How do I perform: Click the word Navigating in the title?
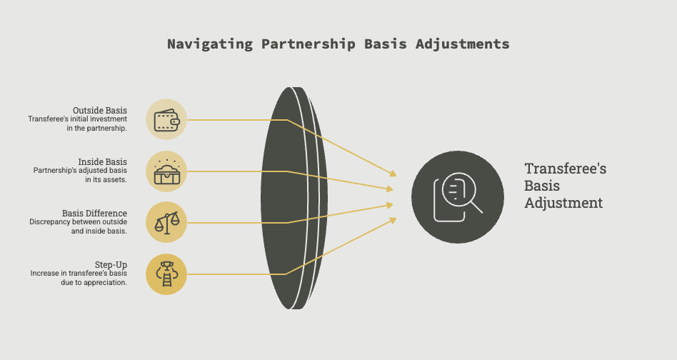click(210, 44)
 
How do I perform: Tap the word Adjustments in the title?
click(463, 44)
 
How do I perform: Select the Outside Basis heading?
click(100, 111)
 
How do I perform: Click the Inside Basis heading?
click(102, 162)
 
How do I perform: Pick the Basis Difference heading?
click(94, 214)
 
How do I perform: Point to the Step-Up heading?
click(111, 264)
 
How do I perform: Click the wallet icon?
click(166, 119)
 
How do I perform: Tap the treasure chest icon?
click(166, 171)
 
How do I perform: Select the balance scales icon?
click(166, 223)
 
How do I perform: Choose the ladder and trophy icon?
click(166, 274)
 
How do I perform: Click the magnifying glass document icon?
click(458, 197)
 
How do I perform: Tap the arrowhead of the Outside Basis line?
click(393, 174)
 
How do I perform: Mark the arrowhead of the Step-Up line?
click(393, 220)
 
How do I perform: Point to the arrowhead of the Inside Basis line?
click(390, 189)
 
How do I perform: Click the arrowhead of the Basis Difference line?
click(390, 205)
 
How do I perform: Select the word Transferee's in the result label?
click(565, 169)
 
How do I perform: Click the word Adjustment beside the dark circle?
click(563, 203)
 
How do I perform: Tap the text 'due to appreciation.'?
click(94, 283)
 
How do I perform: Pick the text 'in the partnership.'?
click(96, 128)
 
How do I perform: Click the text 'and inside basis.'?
click(99, 231)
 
